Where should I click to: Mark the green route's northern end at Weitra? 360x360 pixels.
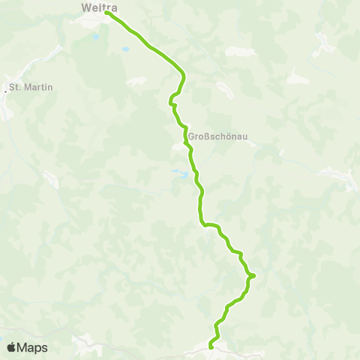(107, 13)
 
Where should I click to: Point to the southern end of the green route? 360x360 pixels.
(211, 346)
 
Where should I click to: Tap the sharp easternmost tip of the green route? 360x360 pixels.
(253, 276)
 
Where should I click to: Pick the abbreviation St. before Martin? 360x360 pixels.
(16, 88)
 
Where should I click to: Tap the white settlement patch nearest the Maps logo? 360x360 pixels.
(81, 343)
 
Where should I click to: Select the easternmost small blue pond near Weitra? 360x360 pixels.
(125, 49)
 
